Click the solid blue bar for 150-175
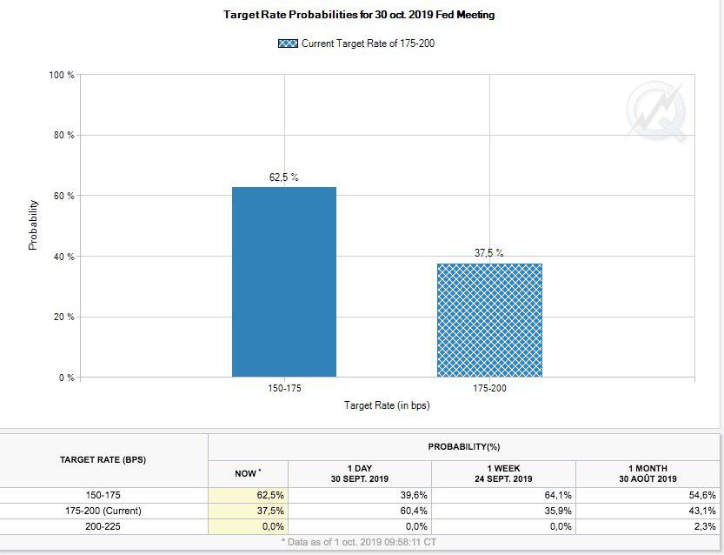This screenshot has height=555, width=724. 283,282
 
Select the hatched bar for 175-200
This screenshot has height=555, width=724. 489,320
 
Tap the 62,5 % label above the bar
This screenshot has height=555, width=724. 283,177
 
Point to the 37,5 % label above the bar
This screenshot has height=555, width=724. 488,253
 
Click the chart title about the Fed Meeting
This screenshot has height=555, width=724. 359,15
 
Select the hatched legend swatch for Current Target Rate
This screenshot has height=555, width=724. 288,43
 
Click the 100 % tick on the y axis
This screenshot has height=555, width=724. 62,76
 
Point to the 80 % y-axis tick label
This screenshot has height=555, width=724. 63,136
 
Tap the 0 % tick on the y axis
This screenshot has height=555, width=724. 66,378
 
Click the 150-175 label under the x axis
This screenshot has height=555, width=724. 284,388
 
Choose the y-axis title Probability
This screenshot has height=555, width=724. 33,225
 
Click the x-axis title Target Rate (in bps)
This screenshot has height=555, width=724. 387,405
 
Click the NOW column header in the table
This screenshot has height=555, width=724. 248,473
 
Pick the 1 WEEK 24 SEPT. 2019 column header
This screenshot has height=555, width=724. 505,473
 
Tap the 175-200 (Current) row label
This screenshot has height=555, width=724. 103,511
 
